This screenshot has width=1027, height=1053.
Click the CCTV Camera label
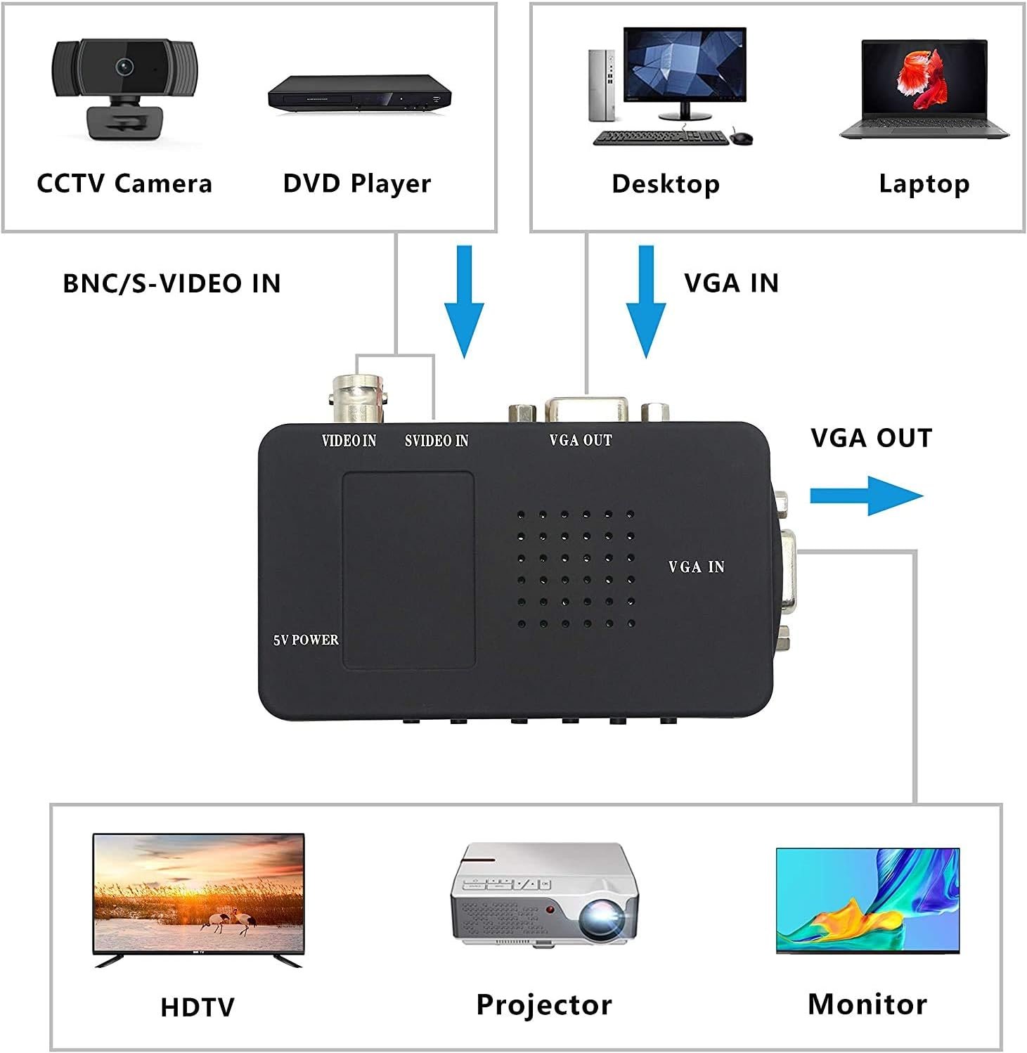124,183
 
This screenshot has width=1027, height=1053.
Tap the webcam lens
126,66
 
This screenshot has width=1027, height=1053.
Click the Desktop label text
665,183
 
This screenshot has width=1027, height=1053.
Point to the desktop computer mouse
742,137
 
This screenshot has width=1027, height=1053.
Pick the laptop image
924,89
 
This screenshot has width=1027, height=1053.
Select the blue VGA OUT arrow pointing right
866,496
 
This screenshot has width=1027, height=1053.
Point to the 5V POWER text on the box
306,640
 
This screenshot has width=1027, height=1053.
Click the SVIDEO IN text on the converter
437,441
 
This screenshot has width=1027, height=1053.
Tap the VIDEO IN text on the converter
349,441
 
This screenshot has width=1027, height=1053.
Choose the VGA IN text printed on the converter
696,567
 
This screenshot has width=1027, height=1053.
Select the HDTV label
197,1007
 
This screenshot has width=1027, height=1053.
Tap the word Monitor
867,1004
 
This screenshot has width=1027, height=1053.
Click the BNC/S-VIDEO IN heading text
172,283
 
